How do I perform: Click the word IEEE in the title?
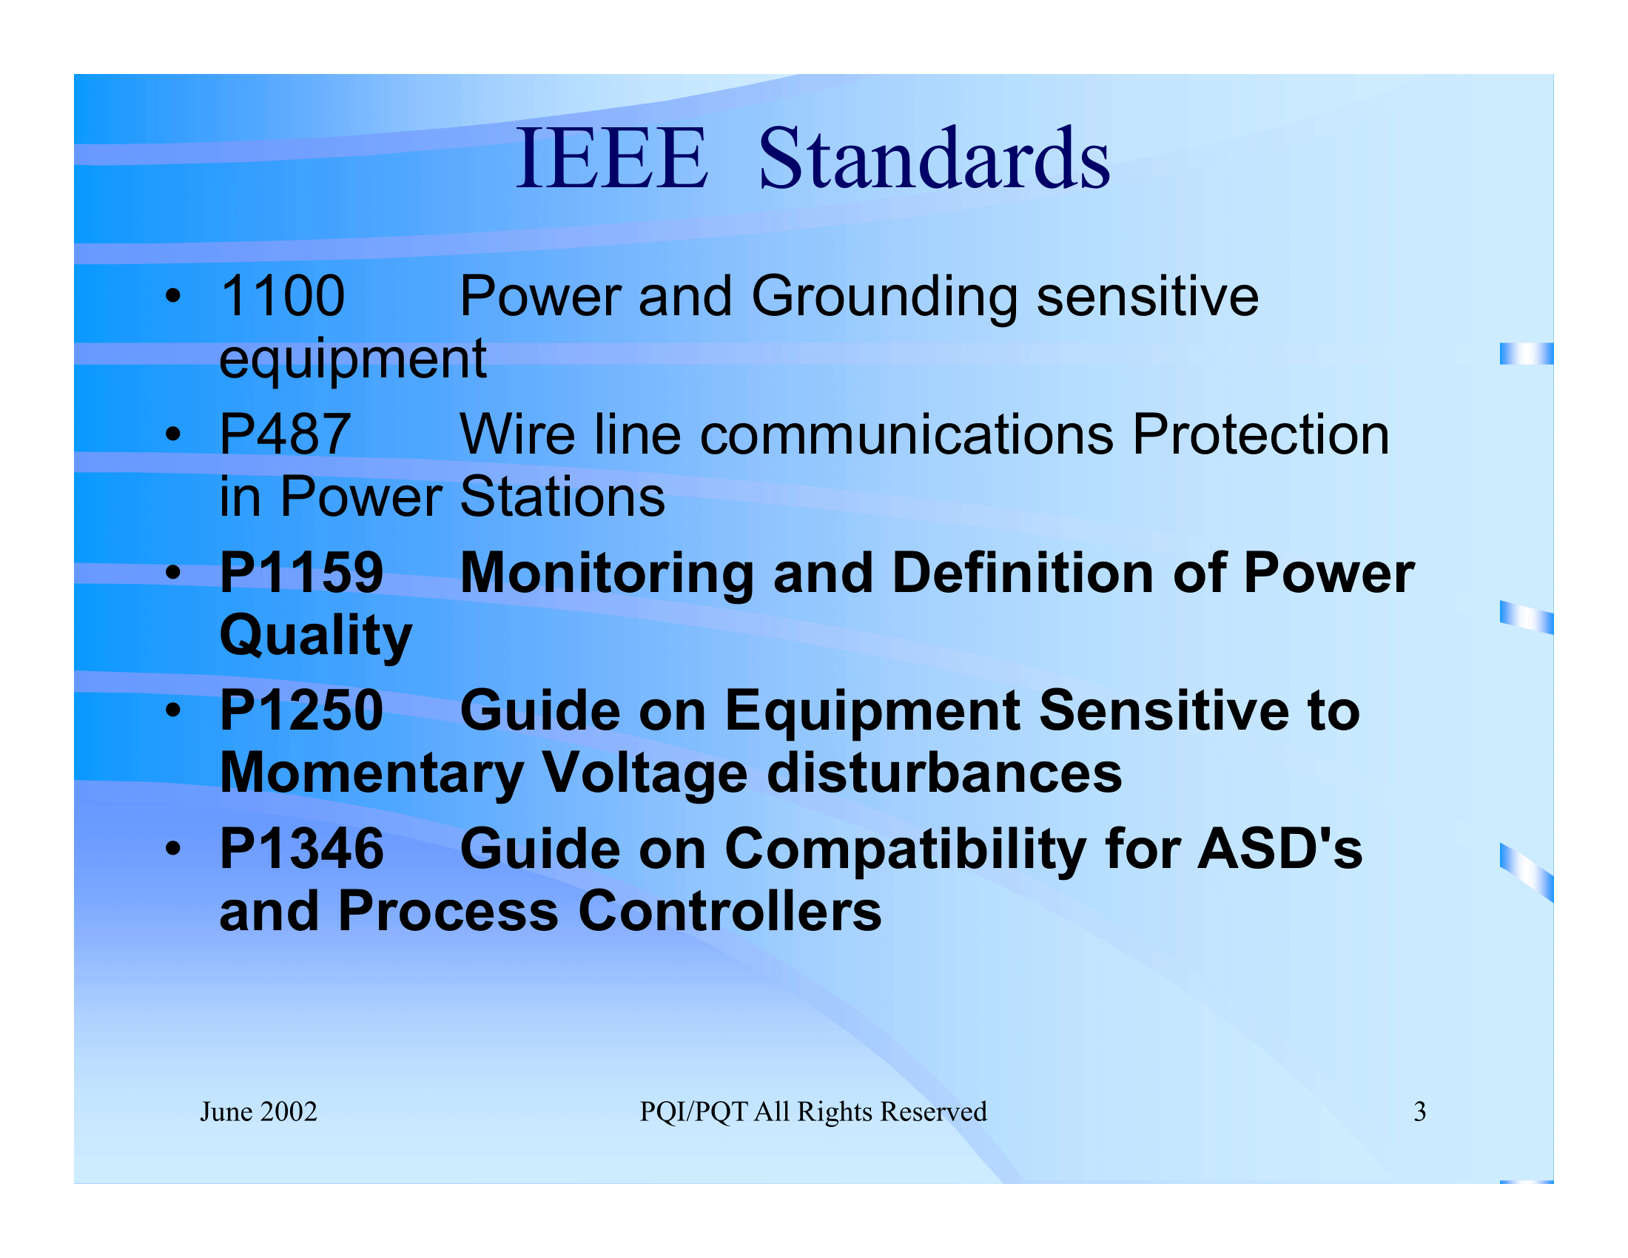(x=611, y=159)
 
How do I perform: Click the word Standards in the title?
(x=933, y=159)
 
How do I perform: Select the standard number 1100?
(x=283, y=297)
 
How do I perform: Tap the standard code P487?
(x=285, y=434)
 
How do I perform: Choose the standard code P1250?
(x=301, y=710)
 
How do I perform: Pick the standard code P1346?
(x=301, y=849)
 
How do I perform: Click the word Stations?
(x=562, y=497)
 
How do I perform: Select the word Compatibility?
(x=905, y=850)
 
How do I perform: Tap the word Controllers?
(x=729, y=912)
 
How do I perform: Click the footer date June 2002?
(x=258, y=1112)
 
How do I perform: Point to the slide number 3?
(x=1419, y=1112)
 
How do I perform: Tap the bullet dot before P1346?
(x=173, y=849)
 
